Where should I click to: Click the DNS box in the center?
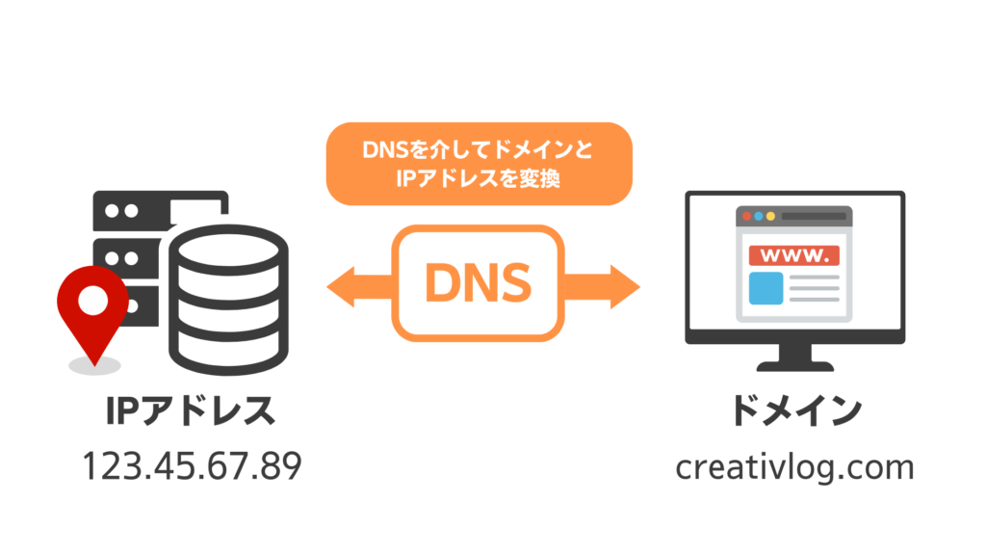click(x=478, y=282)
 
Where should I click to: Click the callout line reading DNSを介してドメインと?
click(x=479, y=151)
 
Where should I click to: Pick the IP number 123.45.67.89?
click(x=191, y=467)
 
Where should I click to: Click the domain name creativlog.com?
click(x=794, y=467)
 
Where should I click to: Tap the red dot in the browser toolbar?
click(x=744, y=217)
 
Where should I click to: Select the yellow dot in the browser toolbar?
click(x=757, y=217)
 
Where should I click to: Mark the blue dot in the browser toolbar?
click(x=769, y=217)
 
